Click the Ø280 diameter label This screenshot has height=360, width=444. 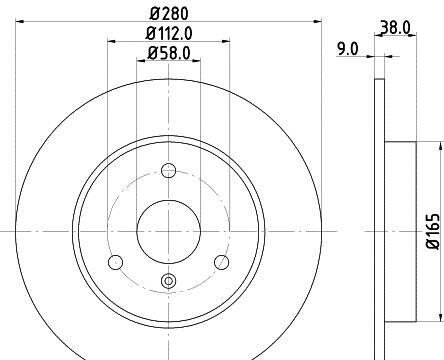coord(169,14)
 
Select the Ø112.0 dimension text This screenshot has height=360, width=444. coord(169,33)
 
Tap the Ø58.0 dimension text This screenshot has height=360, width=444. coord(169,53)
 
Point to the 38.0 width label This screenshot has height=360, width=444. coord(395,27)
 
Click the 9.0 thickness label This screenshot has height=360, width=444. coord(348,49)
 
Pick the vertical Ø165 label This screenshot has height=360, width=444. coord(434,231)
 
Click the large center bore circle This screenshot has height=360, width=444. coord(169,231)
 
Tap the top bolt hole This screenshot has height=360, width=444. coord(169,170)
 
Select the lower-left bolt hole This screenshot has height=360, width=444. coord(115,262)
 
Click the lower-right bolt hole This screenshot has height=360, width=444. coord(221,262)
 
